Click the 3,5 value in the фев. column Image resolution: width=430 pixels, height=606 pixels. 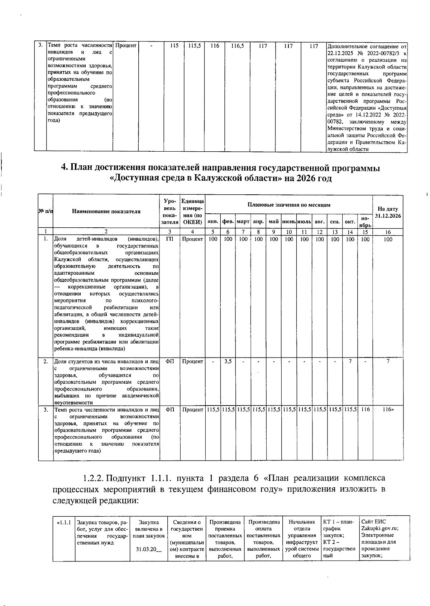(228, 361)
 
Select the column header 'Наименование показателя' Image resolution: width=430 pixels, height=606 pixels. (106, 212)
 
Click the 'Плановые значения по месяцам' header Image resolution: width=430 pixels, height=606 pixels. (289, 205)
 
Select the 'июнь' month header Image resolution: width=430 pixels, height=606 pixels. (289, 222)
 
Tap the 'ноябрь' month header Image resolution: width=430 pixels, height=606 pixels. (365, 222)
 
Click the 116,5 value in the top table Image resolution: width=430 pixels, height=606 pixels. (238, 46)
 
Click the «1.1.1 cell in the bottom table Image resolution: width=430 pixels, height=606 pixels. (64, 522)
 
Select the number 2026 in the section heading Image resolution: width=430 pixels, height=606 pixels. (306, 178)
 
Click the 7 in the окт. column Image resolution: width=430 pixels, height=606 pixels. (350, 361)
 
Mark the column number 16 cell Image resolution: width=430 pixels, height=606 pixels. (388, 232)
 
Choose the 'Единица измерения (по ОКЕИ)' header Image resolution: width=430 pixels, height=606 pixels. (193, 212)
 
